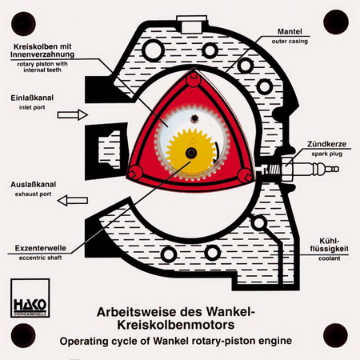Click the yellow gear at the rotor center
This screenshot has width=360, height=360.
click(191, 152)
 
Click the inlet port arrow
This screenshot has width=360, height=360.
click(73, 115)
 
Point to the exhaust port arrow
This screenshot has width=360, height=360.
click(73, 200)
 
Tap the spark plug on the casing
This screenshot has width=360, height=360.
click(298, 169)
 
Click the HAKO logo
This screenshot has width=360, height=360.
click(30, 298)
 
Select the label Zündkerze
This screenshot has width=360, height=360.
click(326, 144)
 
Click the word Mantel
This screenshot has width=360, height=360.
click(290, 32)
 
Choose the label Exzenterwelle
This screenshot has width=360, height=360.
click(40, 248)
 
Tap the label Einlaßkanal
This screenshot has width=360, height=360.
click(32, 98)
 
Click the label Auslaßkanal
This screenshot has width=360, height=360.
click(34, 185)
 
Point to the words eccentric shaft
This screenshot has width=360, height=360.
click(40, 258)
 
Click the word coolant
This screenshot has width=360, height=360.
click(330, 258)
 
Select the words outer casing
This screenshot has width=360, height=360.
click(290, 42)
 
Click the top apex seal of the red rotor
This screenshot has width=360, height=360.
click(194, 76)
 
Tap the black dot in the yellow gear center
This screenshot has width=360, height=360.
click(191, 153)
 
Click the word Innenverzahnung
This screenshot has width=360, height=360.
click(42, 54)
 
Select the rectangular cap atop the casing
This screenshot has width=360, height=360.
click(191, 24)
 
